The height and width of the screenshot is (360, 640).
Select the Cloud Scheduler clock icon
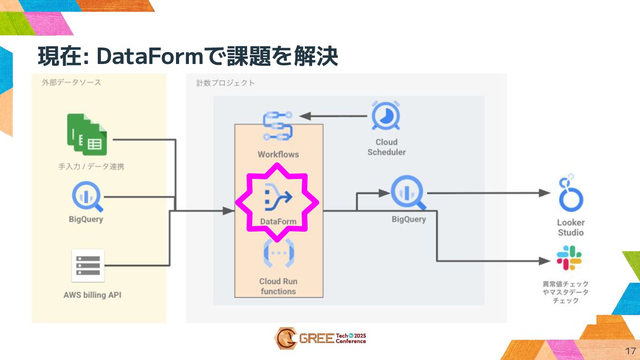pyautogui.click(x=386, y=116)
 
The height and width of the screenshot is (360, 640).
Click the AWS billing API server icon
pyautogui.click(x=88, y=265)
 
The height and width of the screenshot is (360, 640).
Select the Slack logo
pyautogui.click(x=569, y=258)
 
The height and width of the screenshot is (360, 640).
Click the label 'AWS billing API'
pyautogui.click(x=92, y=295)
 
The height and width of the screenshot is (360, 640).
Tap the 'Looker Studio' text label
pyautogui.click(x=571, y=228)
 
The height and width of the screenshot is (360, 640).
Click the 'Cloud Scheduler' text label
pyautogui.click(x=386, y=147)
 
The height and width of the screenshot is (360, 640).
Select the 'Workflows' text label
pyautogui.click(x=278, y=155)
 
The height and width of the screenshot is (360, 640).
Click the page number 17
pyautogui.click(x=630, y=350)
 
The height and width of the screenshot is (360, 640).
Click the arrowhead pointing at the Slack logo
pyautogui.click(x=546, y=261)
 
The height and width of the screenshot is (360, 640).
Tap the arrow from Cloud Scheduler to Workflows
pyautogui.click(x=333, y=116)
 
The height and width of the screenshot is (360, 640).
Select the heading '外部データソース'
pyautogui.click(x=72, y=83)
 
